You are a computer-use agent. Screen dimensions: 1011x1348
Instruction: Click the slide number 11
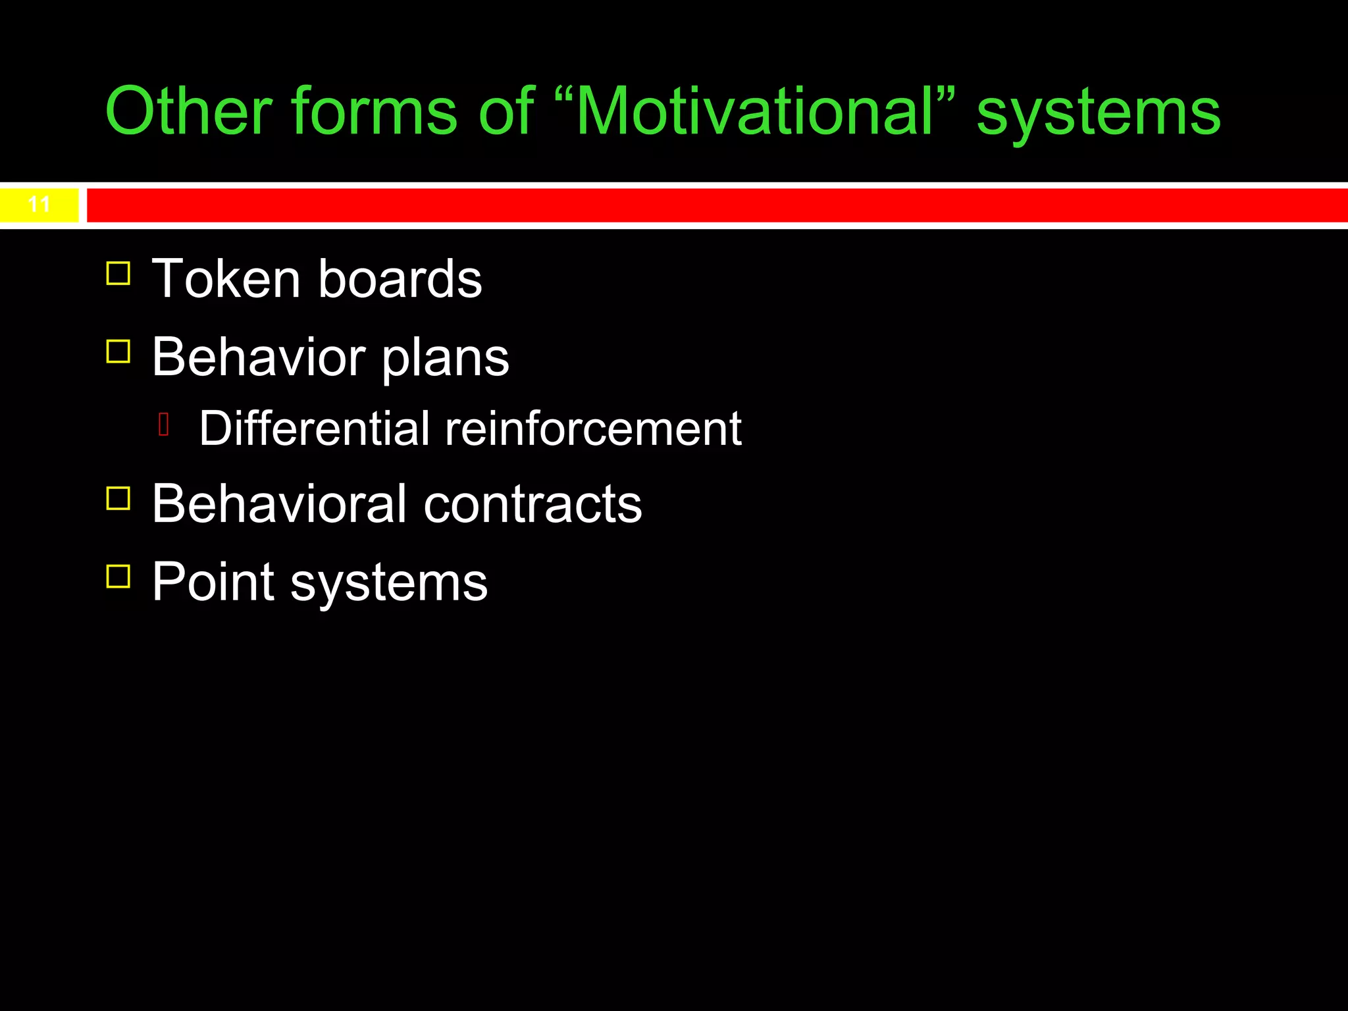pyautogui.click(x=39, y=205)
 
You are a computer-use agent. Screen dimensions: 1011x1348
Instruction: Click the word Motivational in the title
pyautogui.click(x=754, y=112)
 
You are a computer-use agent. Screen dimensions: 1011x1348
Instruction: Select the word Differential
pyautogui.click(x=315, y=428)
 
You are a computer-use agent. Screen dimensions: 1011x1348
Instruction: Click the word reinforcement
pyautogui.click(x=593, y=428)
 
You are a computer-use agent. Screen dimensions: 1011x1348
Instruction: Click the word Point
pyautogui.click(x=213, y=582)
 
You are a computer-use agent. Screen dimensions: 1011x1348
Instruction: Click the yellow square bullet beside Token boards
pyautogui.click(x=118, y=273)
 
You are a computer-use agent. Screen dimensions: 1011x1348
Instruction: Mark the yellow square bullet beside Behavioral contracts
pyautogui.click(x=118, y=498)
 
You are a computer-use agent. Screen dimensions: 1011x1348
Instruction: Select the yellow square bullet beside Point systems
pyautogui.click(x=118, y=576)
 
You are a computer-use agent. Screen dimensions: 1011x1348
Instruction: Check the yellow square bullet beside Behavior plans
pyautogui.click(x=118, y=351)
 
